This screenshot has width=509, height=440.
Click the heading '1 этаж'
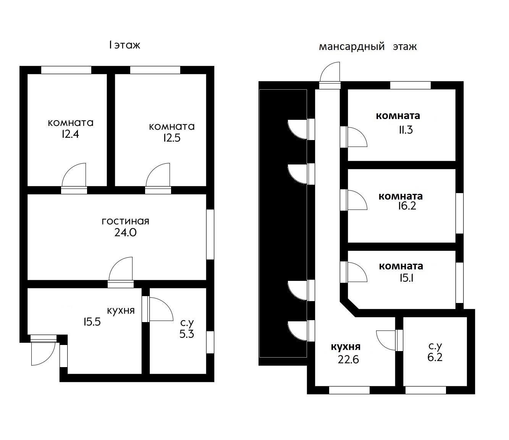tap(124, 45)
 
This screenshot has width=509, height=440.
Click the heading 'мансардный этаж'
tap(368, 47)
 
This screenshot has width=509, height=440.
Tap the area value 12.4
tap(70, 134)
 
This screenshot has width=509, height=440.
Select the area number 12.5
tap(172, 138)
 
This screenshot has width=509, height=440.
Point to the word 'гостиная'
tap(125, 221)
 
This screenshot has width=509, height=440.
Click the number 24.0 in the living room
tap(125, 232)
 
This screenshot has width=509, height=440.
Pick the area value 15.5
tap(92, 322)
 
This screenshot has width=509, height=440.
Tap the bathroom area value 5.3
tap(187, 334)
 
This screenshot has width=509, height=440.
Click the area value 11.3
tap(406, 130)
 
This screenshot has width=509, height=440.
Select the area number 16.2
tap(407, 206)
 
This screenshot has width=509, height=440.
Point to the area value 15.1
tap(407, 278)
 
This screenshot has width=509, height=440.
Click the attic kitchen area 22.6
tap(348, 359)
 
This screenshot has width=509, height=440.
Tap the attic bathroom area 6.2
tap(435, 357)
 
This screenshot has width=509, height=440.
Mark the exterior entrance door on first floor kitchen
tap(44, 350)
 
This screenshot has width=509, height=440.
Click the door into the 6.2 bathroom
tap(389, 340)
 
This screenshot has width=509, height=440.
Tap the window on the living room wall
tap(210, 234)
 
